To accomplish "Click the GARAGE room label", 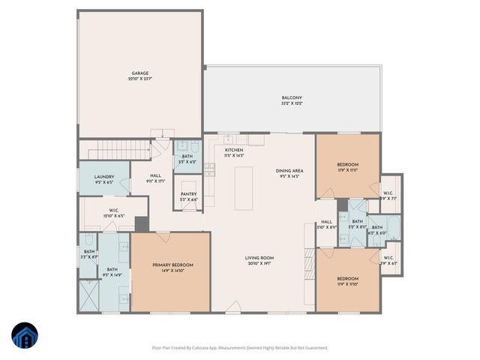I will pyautogui.click(x=140, y=73).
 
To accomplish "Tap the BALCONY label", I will pyautogui.click(x=291, y=98).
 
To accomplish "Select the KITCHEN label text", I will pyautogui.click(x=234, y=150).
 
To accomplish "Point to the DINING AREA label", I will pyautogui.click(x=289, y=171).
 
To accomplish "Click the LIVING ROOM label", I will pyautogui.click(x=259, y=259).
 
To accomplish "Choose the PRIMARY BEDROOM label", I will pyautogui.click(x=172, y=265).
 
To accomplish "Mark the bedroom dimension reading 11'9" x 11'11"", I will pyautogui.click(x=347, y=169).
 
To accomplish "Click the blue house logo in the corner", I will pyautogui.click(x=24, y=336).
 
